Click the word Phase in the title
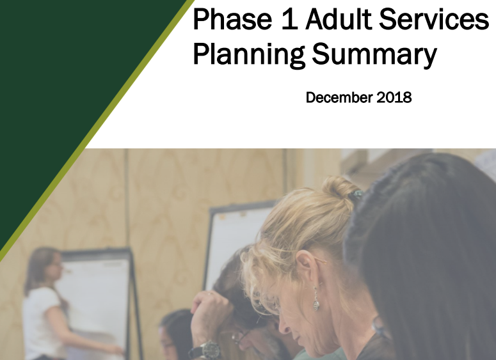tap(232, 19)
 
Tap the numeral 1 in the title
tap(289, 19)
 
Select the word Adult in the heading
tap(338, 19)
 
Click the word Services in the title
tap(434, 19)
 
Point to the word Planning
tap(249, 54)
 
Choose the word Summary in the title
tap(374, 55)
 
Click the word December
tap(339, 97)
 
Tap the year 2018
tap(394, 97)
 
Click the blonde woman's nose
tap(285, 325)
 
